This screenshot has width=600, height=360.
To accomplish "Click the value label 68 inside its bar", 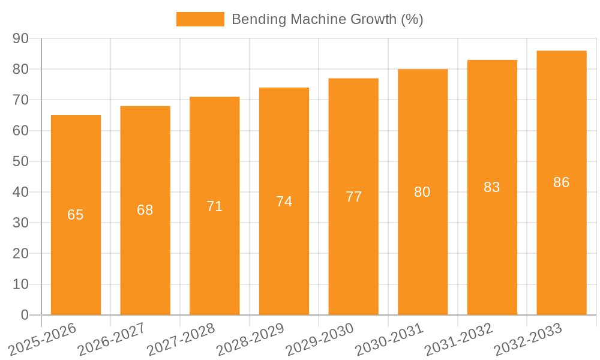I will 145,210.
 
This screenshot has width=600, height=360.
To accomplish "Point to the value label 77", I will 353,197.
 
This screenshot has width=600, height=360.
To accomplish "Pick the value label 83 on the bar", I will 492,187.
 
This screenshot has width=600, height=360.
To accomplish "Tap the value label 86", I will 562,182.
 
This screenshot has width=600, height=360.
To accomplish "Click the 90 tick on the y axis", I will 21,38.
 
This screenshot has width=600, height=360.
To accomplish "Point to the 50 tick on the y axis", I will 21,161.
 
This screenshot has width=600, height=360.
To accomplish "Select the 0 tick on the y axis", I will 25,315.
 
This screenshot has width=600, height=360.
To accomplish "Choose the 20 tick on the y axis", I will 21,254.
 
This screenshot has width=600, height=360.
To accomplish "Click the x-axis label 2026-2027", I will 112,338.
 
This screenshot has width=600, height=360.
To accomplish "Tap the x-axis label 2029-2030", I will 320,338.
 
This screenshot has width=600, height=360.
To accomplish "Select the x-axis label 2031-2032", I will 459,338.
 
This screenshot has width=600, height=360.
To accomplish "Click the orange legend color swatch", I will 200,19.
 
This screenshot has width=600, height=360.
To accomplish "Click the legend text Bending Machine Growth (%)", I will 327,19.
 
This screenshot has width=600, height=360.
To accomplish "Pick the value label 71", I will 215,206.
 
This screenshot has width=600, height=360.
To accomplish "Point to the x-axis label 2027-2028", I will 181,338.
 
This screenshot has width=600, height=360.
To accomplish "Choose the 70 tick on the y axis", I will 21,100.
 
